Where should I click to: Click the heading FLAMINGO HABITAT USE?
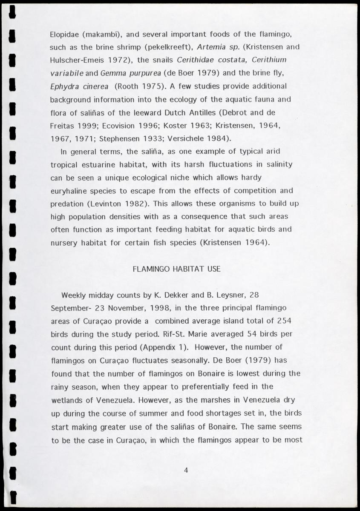click(176, 269)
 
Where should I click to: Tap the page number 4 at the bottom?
click(186, 470)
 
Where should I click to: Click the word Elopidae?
click(65, 34)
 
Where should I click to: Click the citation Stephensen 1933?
click(160, 138)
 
